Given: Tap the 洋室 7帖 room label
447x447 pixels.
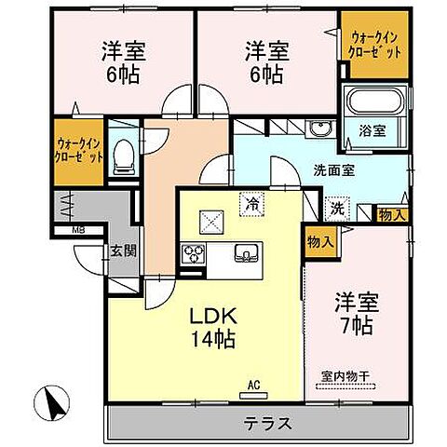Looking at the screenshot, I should point(355,315).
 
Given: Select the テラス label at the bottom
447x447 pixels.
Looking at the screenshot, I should point(269,422).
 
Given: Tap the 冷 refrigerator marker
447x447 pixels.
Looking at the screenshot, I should point(251,201).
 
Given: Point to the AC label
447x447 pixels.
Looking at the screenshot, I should point(253,383).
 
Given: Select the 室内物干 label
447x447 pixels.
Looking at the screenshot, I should point(345,376).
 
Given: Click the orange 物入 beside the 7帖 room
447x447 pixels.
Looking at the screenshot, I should point(318,241).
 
